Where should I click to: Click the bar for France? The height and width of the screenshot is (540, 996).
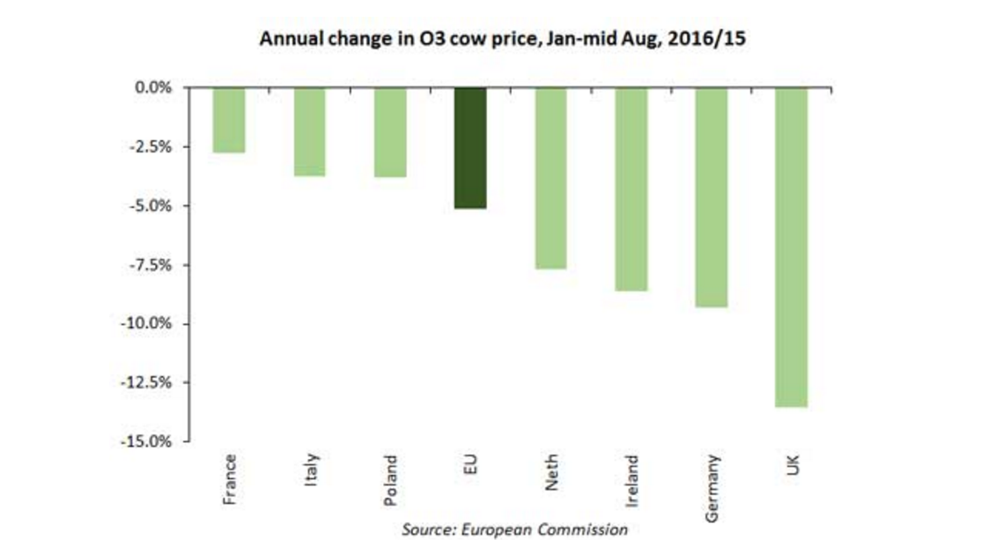coord(229,120)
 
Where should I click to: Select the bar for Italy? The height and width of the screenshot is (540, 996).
coord(309,131)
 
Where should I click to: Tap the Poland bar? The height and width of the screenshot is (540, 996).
coord(390,132)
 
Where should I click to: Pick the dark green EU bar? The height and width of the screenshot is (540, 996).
coord(470,147)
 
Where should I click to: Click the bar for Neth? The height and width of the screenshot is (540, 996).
coord(550,178)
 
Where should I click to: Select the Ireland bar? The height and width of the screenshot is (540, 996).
coord(631,189)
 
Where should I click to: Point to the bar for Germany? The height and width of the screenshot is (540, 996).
coord(712,196)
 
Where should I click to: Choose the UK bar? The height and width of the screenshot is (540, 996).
coord(791,247)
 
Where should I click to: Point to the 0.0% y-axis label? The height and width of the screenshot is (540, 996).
coord(153,88)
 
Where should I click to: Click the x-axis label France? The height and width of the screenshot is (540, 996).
coord(230,477)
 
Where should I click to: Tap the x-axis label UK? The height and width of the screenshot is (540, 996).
coord(792,464)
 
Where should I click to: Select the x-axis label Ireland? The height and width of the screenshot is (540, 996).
coord(631,479)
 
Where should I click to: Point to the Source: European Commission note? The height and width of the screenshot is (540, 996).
coord(514,529)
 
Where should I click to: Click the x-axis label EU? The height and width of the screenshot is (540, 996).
coord(470,463)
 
